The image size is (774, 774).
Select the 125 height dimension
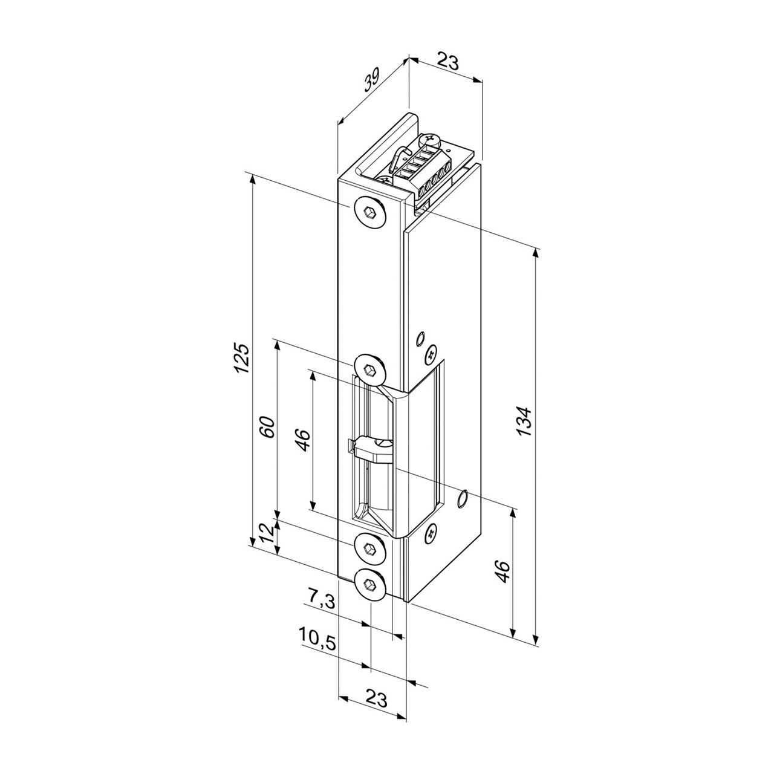coord(241,358)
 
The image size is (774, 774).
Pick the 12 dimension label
coord(267,534)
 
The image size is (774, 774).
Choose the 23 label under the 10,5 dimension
coord(376,700)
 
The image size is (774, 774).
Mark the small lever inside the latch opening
coord(369,448)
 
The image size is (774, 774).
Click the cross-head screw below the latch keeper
coord(431,533)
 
